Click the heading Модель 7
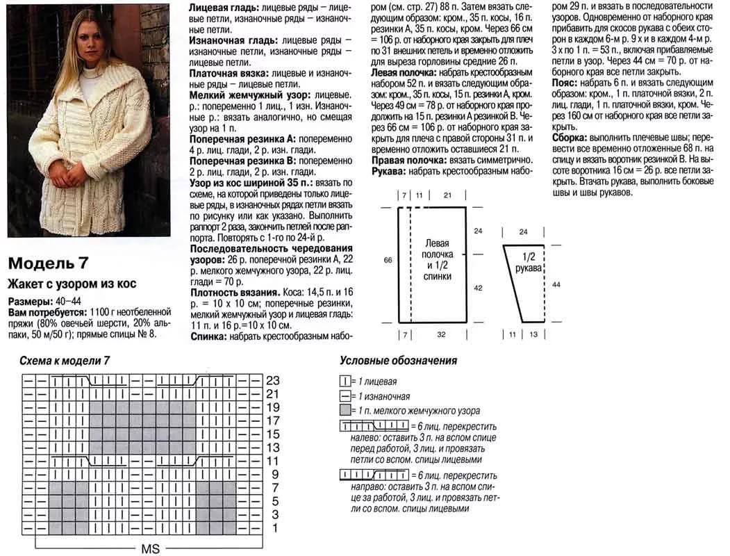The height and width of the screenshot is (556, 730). coord(49,265)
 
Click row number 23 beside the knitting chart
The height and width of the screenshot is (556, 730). coord(273,380)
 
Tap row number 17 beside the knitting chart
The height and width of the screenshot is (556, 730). coord(273,421)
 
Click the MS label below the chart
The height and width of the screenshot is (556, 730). coord(151,549)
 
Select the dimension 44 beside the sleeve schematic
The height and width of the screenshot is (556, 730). coord(556,284)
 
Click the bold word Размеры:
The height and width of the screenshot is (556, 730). coord(28,302)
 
